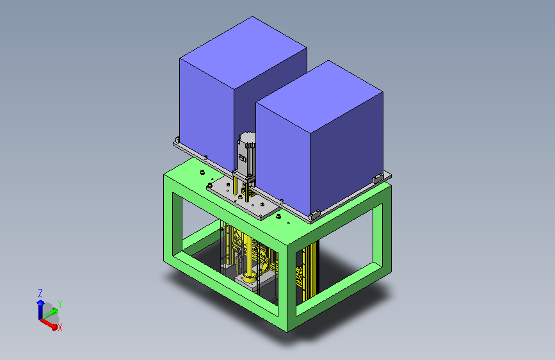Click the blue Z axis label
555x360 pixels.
tap(40, 293)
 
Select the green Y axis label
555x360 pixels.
tap(60, 304)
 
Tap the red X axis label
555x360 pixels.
tap(60, 328)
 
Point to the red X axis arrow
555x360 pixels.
tap(49, 324)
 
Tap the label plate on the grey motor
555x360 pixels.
tap(243, 158)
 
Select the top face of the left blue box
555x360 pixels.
tap(243, 52)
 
